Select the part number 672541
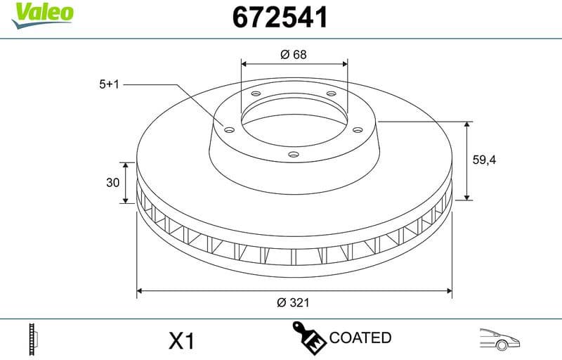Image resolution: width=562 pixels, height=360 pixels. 280,18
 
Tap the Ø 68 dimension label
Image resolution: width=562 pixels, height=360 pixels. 294,54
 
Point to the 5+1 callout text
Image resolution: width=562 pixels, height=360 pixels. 110,84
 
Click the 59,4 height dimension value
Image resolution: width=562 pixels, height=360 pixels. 484,160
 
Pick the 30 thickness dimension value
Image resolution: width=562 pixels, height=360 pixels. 112,183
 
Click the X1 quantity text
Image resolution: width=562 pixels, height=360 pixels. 181,341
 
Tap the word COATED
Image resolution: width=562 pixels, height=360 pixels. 360,337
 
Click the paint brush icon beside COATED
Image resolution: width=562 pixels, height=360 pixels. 308,337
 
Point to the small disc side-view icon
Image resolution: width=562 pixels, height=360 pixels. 30,340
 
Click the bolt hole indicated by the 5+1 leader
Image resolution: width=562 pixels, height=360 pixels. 228,128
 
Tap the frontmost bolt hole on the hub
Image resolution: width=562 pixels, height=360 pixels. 294,154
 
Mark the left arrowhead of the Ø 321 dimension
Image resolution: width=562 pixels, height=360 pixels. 140,289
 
